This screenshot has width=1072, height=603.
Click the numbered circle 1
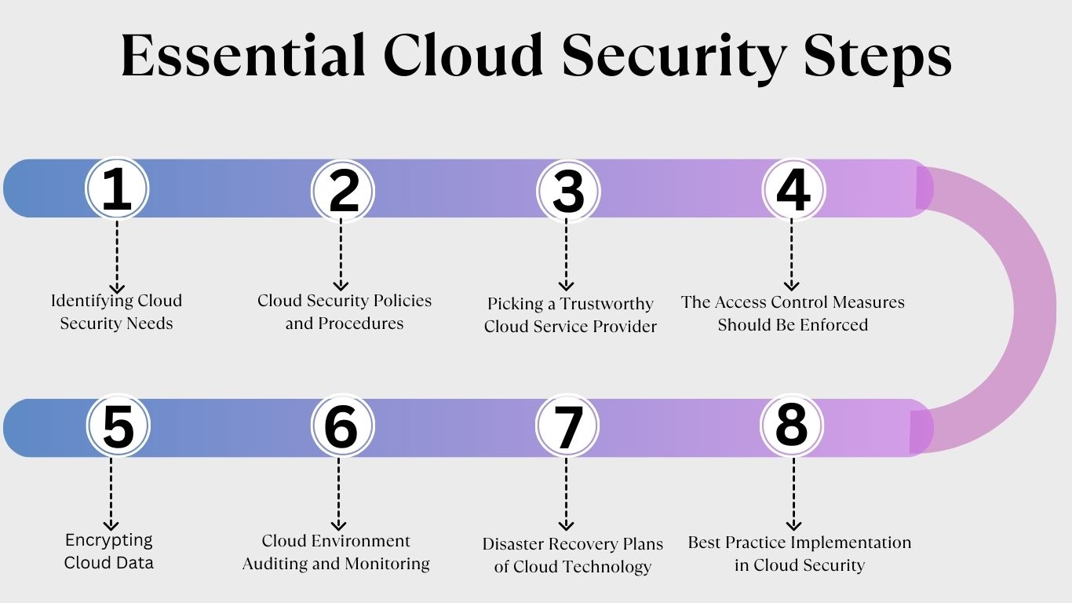(x=117, y=188)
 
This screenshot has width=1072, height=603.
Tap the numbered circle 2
(x=342, y=190)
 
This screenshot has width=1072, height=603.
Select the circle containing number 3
(x=568, y=191)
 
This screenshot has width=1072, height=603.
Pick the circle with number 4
(x=793, y=189)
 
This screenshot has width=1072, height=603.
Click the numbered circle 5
(x=118, y=426)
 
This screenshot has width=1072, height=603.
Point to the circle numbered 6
(x=342, y=426)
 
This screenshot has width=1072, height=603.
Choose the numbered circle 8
(x=792, y=425)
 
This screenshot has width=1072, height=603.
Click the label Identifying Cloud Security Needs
(x=116, y=312)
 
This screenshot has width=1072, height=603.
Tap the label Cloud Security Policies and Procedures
(x=345, y=312)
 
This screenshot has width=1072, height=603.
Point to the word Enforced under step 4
(x=834, y=325)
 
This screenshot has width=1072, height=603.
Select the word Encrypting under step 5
(x=109, y=540)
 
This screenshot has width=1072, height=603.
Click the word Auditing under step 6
(x=275, y=564)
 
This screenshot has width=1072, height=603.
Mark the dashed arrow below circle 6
(x=339, y=494)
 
